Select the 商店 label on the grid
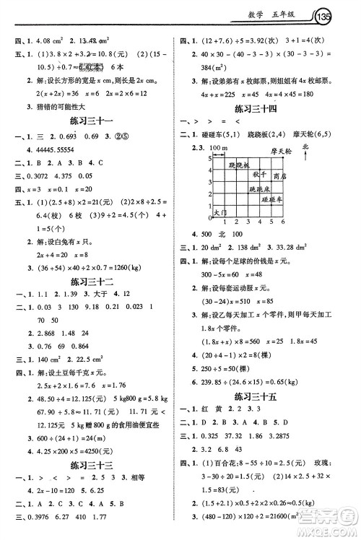click(x=281, y=175)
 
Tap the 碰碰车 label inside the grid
click(x=272, y=198)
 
